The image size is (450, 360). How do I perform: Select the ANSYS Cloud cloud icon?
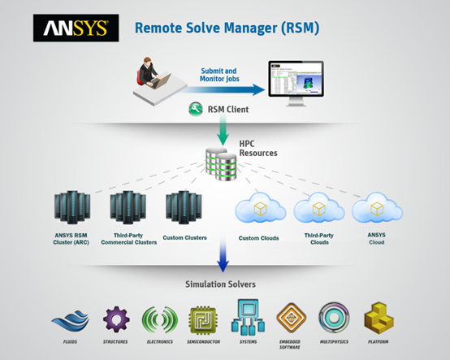point(376,210)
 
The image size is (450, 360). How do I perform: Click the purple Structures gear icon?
point(115,317)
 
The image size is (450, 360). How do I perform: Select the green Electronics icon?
point(158,318)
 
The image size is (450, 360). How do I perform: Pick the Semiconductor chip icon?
point(203,319)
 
